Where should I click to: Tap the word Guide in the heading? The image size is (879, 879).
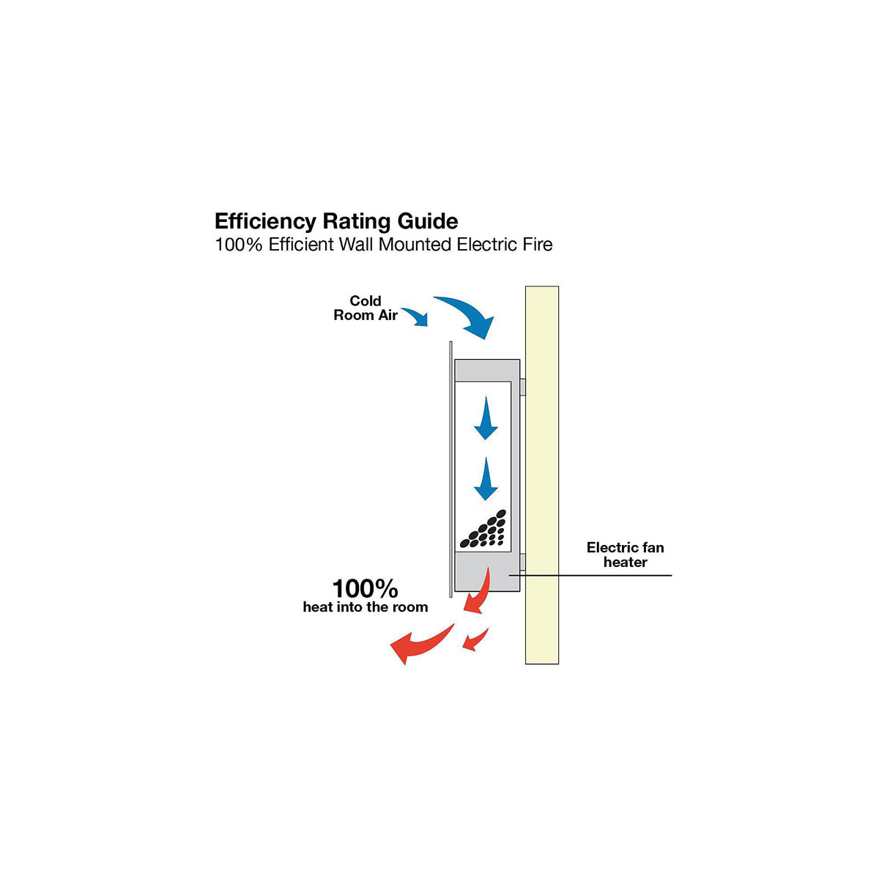(428, 221)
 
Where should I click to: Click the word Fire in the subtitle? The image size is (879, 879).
(537, 245)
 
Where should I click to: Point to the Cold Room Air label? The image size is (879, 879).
(366, 308)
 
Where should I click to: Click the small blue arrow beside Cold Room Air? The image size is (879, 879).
(416, 316)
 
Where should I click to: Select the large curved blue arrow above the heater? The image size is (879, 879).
(467, 314)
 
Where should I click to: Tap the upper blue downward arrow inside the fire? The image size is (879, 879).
(486, 419)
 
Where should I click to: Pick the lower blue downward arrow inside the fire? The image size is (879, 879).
(486, 480)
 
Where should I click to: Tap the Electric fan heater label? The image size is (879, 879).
(625, 555)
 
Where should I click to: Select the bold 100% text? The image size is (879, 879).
(365, 588)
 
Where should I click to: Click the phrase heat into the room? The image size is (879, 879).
(365, 607)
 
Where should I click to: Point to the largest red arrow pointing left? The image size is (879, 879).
(419, 644)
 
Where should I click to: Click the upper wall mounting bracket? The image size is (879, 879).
(522, 387)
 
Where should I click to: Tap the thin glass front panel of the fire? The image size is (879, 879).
(450, 469)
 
